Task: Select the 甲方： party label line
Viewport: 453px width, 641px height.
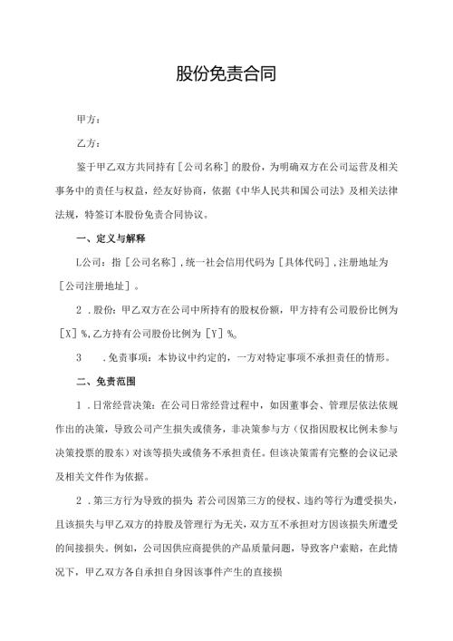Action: point(91,119)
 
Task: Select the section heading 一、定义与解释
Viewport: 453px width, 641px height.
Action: point(112,238)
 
